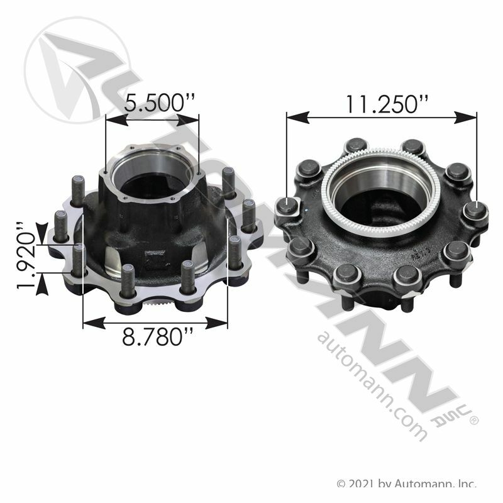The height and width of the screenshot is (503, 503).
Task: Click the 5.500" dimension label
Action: coord(160,103)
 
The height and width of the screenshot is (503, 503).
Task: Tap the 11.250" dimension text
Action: coord(386,104)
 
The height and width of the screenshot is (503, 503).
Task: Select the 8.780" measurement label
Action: coord(158,337)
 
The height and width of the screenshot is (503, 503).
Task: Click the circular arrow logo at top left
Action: coord(77,70)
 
